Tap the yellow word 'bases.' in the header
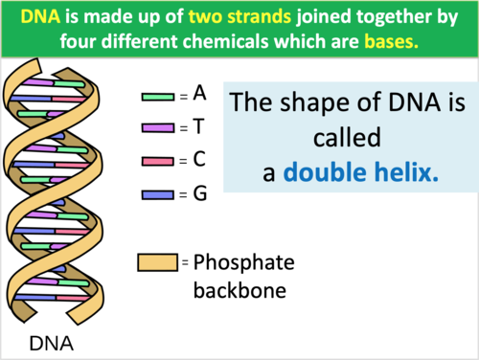click(x=391, y=42)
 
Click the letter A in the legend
click(x=199, y=94)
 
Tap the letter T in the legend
click(x=198, y=126)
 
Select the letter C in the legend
click(x=199, y=160)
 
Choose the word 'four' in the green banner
click(x=105, y=42)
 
